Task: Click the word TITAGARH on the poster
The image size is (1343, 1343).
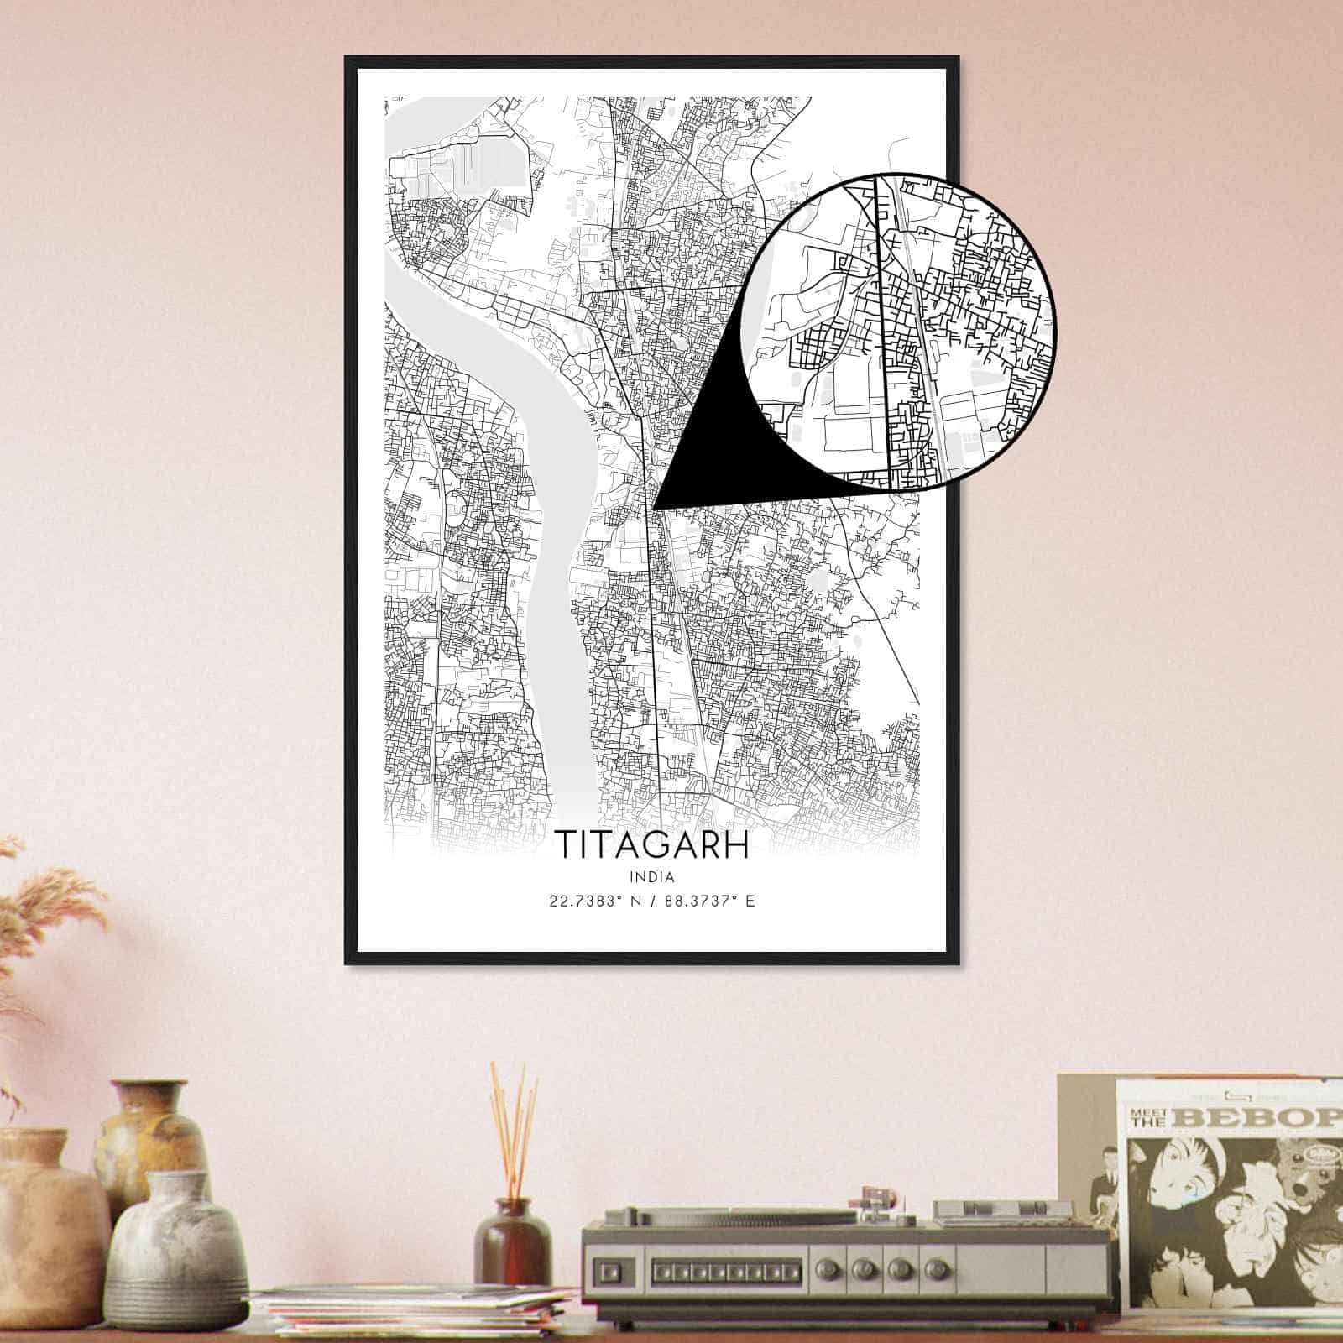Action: pyautogui.click(x=652, y=846)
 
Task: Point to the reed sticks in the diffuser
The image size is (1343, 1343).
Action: pyautogui.click(x=514, y=1125)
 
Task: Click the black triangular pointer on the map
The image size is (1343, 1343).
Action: pyautogui.click(x=713, y=457)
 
